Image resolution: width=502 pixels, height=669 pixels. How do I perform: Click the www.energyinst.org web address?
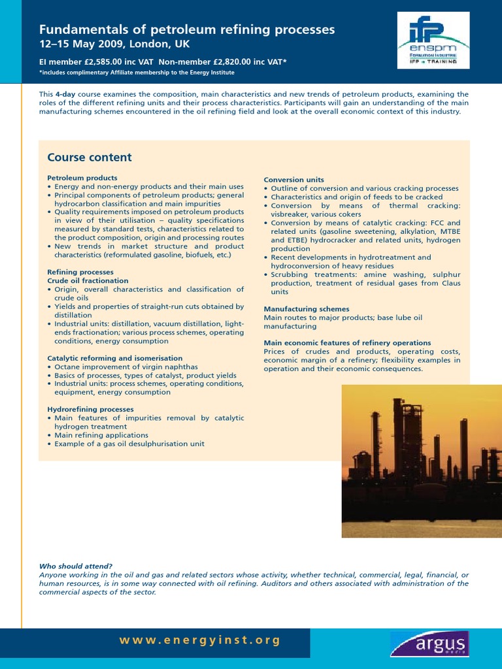click(x=200, y=640)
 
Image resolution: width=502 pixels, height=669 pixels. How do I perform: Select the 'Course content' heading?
click(x=90, y=157)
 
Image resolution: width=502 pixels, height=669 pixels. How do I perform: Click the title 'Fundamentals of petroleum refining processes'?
click(x=187, y=29)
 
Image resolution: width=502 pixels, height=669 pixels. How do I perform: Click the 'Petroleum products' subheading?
click(x=82, y=178)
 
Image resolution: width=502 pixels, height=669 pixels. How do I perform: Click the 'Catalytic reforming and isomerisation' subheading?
click(x=115, y=358)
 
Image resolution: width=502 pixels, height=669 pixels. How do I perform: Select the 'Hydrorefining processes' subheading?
click(x=91, y=409)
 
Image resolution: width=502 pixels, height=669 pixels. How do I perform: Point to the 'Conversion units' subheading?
click(x=293, y=180)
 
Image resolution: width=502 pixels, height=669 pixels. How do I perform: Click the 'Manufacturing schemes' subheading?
click(x=307, y=309)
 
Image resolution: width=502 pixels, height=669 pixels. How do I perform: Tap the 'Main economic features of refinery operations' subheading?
click(x=347, y=343)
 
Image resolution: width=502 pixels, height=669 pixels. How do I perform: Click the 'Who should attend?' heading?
click(x=76, y=566)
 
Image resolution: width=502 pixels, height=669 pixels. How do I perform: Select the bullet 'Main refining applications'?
click(x=101, y=435)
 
